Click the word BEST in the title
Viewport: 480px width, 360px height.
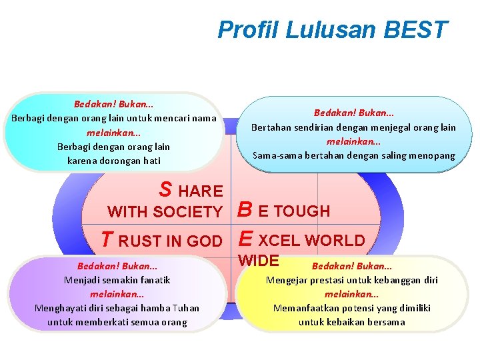417,30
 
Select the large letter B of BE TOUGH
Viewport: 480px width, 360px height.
245,211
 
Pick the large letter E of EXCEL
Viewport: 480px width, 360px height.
245,239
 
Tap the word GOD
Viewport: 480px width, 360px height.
205,241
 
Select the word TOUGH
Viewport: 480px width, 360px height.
303,211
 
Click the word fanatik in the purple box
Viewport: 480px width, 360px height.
154,280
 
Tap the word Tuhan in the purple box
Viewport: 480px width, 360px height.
185,308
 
